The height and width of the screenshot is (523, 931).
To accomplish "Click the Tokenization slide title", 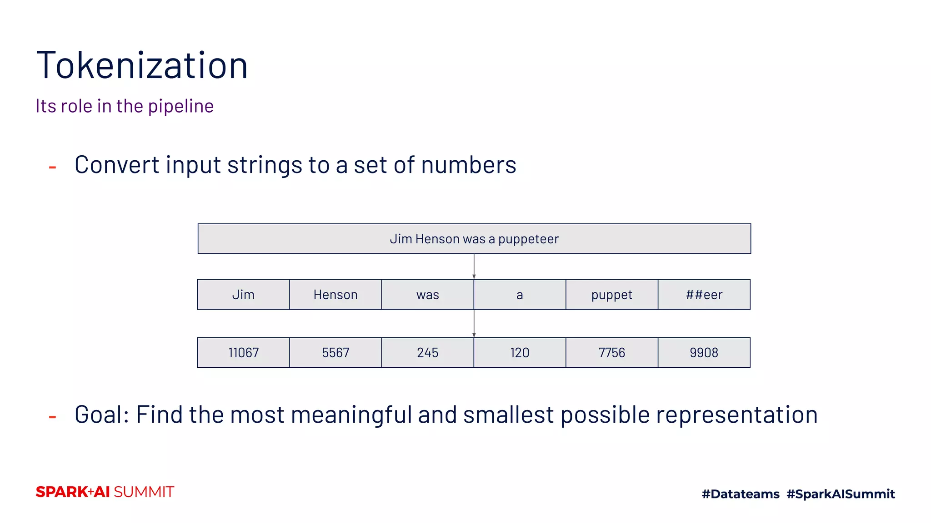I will (142, 66).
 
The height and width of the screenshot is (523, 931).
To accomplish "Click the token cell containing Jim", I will (243, 295).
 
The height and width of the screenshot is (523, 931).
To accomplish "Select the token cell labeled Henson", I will (335, 295).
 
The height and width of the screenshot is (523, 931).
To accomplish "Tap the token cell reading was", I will (427, 295).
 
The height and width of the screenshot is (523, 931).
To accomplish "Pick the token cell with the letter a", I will (520, 295).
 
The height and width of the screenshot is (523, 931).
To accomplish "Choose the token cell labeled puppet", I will (612, 295).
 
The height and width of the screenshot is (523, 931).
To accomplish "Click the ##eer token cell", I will (704, 295).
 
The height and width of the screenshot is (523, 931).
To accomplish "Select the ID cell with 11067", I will (243, 353).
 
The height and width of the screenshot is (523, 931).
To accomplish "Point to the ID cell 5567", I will (335, 353).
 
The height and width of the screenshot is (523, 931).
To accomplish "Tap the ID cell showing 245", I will (427, 353).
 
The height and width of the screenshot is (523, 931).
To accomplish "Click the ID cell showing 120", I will (520, 353).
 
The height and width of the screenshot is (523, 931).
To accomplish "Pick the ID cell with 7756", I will (612, 353).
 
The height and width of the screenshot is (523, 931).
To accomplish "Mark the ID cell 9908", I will (704, 353).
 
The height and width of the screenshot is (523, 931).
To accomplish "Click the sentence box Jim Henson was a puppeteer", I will (474, 239).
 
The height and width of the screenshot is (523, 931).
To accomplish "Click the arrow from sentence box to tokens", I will (474, 266).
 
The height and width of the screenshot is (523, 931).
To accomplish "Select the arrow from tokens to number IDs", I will (474, 324).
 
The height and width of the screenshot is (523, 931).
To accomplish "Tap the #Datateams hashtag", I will (741, 494).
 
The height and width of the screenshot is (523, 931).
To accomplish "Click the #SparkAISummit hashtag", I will (841, 494).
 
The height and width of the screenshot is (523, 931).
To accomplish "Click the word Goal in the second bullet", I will (102, 415).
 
